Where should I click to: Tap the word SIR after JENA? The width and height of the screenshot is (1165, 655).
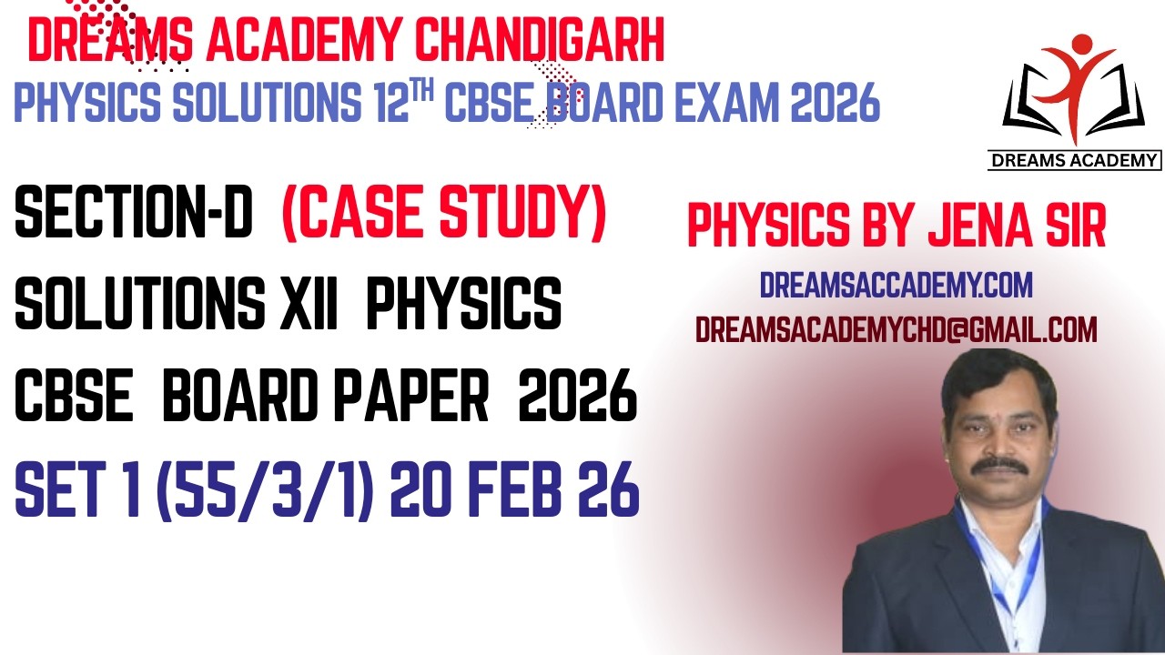(x=1068, y=227)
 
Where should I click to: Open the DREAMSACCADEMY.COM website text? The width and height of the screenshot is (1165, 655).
(x=896, y=286)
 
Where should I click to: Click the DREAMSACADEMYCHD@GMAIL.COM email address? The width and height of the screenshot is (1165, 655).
(x=896, y=330)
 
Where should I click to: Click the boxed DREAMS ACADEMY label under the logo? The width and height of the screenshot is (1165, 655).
(x=1074, y=161)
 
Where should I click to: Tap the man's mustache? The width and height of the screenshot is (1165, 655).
(x=999, y=465)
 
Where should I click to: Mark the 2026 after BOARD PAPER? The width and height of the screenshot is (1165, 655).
(x=577, y=399)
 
